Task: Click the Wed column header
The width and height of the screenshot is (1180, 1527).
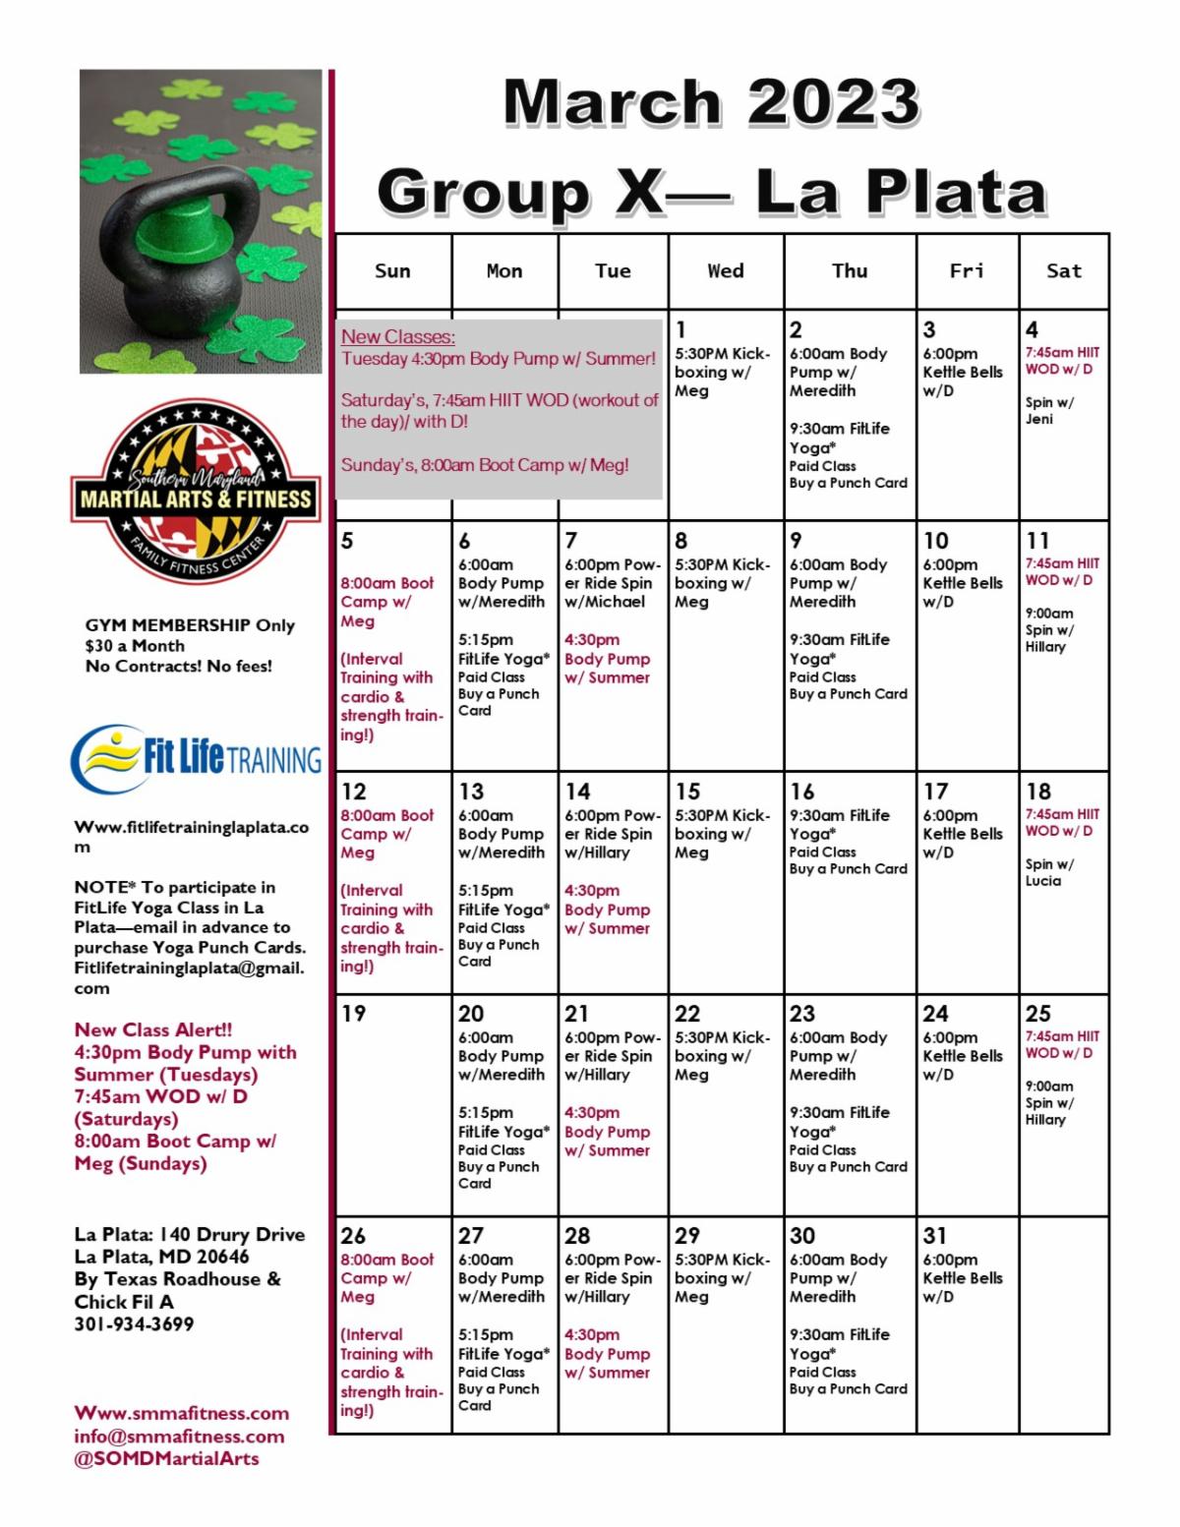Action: click(x=726, y=271)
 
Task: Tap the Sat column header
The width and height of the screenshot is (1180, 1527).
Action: click(x=1064, y=271)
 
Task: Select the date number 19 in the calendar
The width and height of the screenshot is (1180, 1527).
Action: click(x=353, y=1014)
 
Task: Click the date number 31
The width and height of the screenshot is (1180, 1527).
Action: click(x=935, y=1236)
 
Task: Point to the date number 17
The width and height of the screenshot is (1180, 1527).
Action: click(x=935, y=792)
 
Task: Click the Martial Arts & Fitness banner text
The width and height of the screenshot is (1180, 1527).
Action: click(x=196, y=499)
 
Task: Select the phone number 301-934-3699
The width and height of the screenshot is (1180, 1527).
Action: click(x=134, y=1324)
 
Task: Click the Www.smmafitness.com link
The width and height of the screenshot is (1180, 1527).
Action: click(x=181, y=1414)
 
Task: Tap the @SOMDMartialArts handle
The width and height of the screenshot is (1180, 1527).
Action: click(x=166, y=1459)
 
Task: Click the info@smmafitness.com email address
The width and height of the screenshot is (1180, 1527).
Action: click(x=179, y=1437)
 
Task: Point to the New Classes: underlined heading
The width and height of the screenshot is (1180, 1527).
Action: click(x=398, y=337)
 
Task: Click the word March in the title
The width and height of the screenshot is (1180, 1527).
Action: click(x=614, y=102)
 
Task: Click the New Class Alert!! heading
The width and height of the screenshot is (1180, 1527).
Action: click(x=153, y=1030)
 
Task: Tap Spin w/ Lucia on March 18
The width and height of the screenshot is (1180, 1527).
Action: click(x=1048, y=873)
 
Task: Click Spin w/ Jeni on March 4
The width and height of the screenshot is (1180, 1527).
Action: click(x=1049, y=411)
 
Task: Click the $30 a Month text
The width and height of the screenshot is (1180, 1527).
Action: click(x=135, y=646)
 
